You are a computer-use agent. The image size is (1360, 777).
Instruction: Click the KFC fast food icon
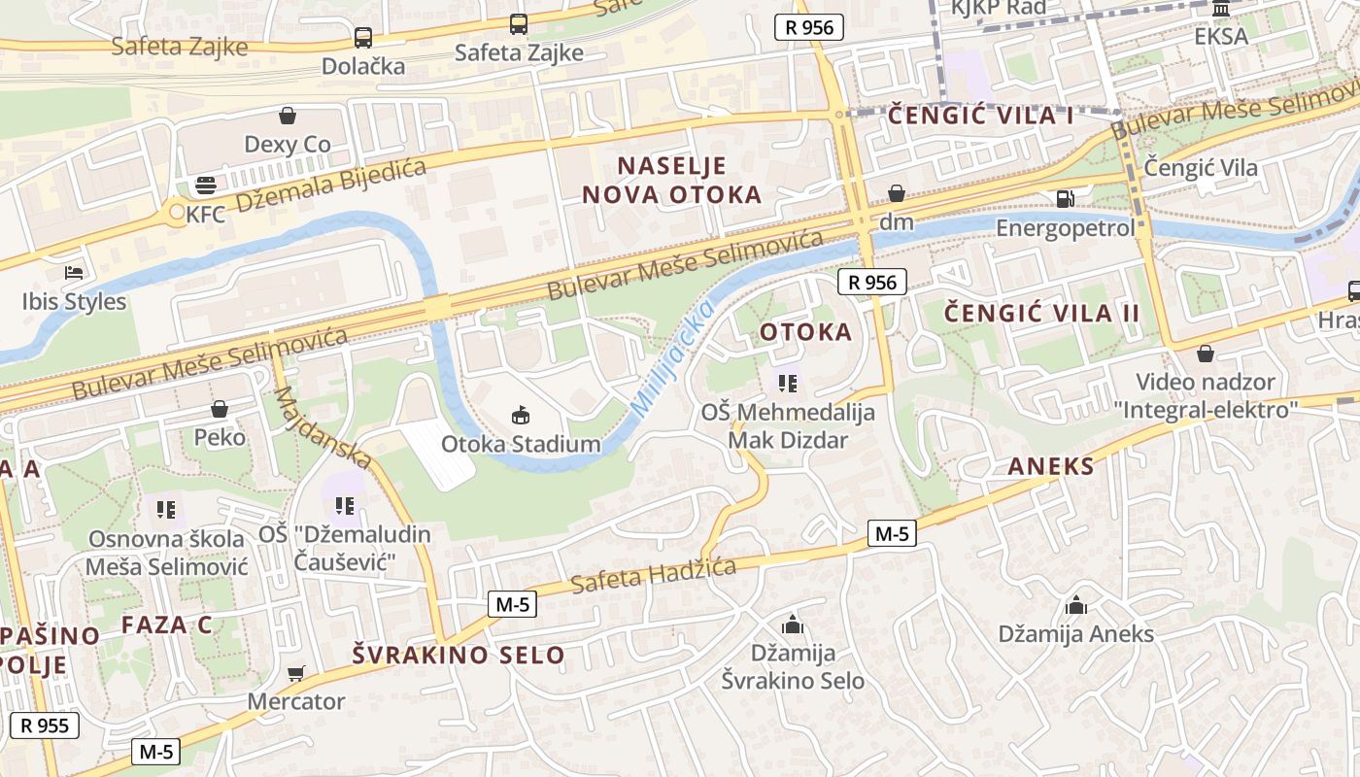(x=205, y=185)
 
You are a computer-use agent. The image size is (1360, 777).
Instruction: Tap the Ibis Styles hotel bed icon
(x=74, y=273)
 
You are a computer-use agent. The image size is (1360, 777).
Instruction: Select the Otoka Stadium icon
(x=522, y=416)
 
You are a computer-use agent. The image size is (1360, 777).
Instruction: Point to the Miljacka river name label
(x=672, y=359)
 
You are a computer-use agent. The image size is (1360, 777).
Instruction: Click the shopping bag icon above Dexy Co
(x=288, y=117)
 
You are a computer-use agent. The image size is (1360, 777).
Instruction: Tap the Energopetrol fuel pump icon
(x=1066, y=199)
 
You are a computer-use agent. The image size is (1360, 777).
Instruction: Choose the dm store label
(x=896, y=222)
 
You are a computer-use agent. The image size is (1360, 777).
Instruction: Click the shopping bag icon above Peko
(x=220, y=409)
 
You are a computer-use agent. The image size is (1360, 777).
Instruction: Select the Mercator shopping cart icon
(x=296, y=673)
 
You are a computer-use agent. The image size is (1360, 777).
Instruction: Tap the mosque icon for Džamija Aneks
(x=1075, y=606)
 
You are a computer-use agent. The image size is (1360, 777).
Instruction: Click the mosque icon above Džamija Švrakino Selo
(x=793, y=625)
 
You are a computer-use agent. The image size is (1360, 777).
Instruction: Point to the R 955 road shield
(x=44, y=725)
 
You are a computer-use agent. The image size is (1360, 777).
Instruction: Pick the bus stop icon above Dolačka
(x=362, y=38)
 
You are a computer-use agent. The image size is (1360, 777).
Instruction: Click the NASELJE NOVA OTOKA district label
(x=671, y=180)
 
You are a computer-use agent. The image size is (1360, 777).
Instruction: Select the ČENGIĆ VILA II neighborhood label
(x=1041, y=313)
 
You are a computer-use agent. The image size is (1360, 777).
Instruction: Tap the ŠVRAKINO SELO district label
(x=458, y=655)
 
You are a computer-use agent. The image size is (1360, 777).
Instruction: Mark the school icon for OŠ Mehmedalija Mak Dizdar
(x=788, y=384)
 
